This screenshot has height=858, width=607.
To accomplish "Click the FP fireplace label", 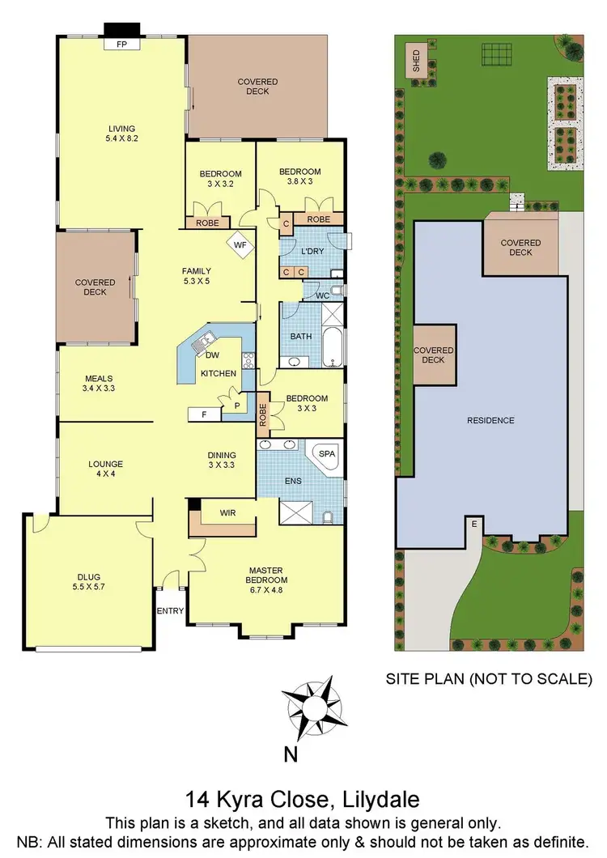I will pyautogui.click(x=122, y=45).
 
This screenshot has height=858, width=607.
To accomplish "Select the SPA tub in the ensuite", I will pyautogui.click(x=326, y=455).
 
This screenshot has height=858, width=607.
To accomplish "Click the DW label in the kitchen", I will pyautogui.click(x=213, y=355).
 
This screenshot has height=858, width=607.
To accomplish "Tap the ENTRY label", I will pyautogui.click(x=171, y=611).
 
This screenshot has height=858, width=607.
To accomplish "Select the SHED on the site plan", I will pyautogui.click(x=418, y=62).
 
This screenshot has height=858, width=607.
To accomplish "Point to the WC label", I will pyautogui.click(x=321, y=295).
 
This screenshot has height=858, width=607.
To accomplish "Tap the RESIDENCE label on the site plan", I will pyautogui.click(x=491, y=420).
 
